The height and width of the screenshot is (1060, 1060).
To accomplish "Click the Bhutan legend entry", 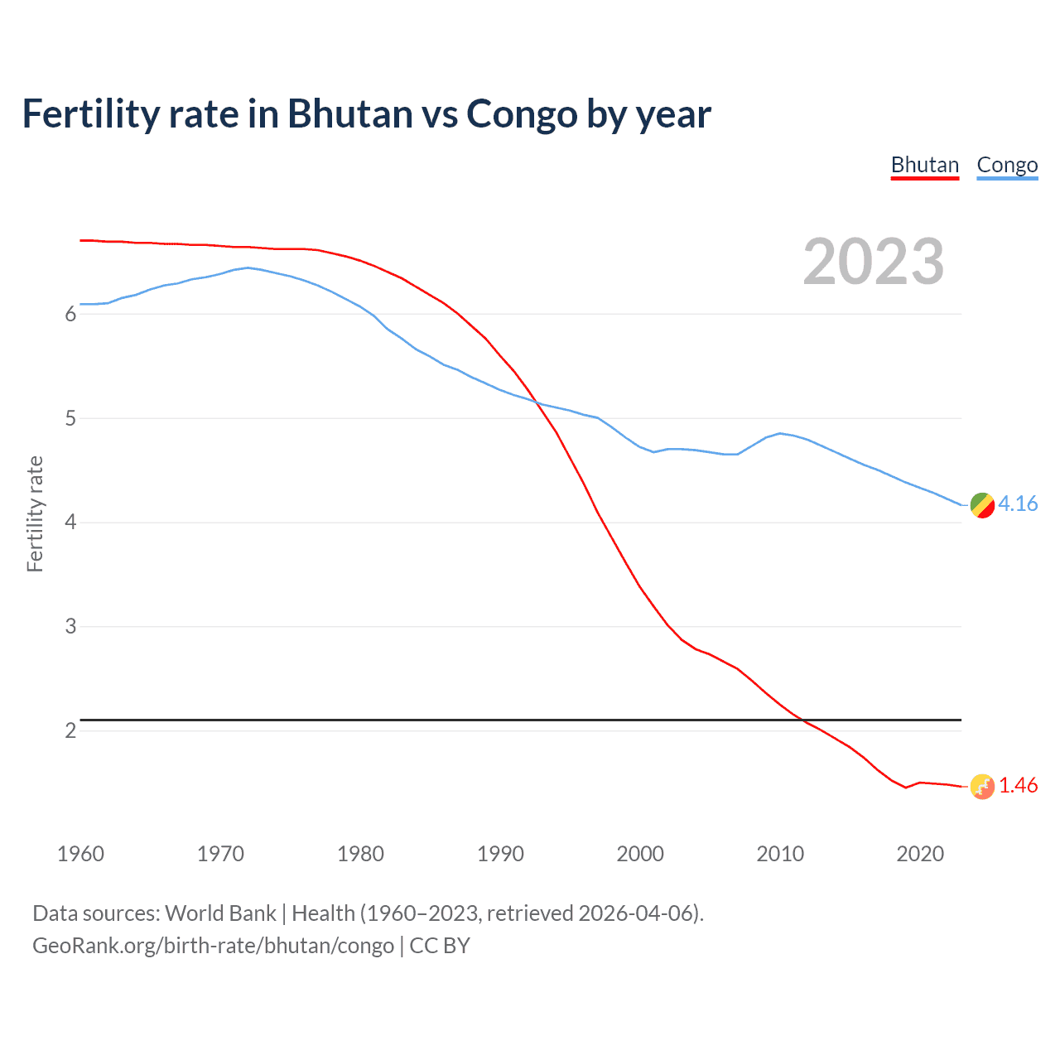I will [924, 166].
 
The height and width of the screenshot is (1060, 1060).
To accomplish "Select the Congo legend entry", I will [1007, 166].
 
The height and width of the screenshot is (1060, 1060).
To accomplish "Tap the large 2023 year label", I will [873, 262].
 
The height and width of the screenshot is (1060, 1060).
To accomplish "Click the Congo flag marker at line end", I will [982, 505].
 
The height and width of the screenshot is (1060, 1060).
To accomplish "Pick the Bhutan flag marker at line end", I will [982, 787].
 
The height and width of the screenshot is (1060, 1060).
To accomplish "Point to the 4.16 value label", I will [1018, 503].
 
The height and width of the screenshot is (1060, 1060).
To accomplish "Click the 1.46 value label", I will [1018, 785].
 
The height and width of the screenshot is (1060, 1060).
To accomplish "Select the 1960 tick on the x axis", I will [80, 854].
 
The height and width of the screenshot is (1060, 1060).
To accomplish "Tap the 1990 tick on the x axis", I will [500, 854].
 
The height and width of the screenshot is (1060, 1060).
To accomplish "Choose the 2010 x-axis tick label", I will [780, 854].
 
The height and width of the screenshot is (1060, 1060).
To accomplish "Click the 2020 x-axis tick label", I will [920, 854].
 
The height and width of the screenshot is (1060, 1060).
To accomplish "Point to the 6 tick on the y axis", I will [70, 314].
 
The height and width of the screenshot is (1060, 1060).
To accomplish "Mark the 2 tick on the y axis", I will [70, 730].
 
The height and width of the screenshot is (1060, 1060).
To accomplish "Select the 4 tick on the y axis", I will [70, 523].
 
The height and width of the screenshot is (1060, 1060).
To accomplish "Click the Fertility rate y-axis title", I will [35, 513].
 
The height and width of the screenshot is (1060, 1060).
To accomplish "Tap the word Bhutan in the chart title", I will [349, 113].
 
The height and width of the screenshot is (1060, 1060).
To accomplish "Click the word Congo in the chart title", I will [523, 113].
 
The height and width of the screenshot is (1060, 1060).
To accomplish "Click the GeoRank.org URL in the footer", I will [213, 946].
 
